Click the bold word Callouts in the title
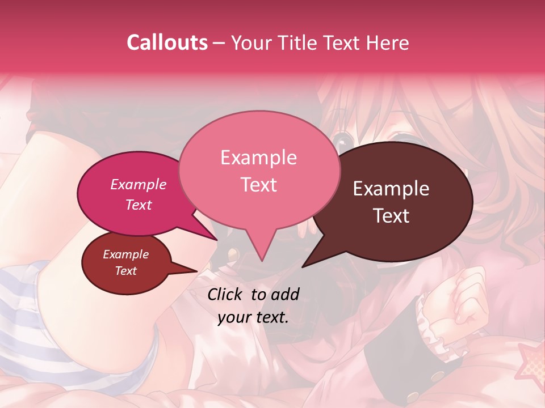tap(167, 42)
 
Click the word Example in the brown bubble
tap(391, 189)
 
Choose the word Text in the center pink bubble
tap(259, 185)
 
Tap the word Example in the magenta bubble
tap(138, 184)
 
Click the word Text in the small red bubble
tap(125, 271)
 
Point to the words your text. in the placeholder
tap(253, 317)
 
